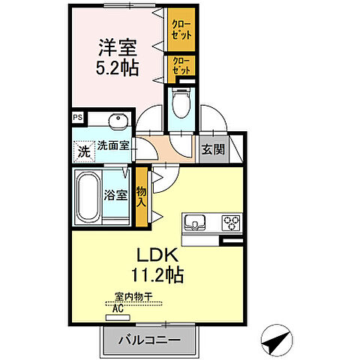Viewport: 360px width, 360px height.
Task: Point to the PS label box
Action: (78, 118)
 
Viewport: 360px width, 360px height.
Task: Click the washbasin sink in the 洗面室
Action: (117, 121)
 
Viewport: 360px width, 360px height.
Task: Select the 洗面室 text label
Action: (112, 149)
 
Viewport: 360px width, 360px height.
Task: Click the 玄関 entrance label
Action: (213, 149)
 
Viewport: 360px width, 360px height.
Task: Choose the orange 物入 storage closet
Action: (141, 196)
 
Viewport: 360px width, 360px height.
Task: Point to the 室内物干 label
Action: (133, 298)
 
